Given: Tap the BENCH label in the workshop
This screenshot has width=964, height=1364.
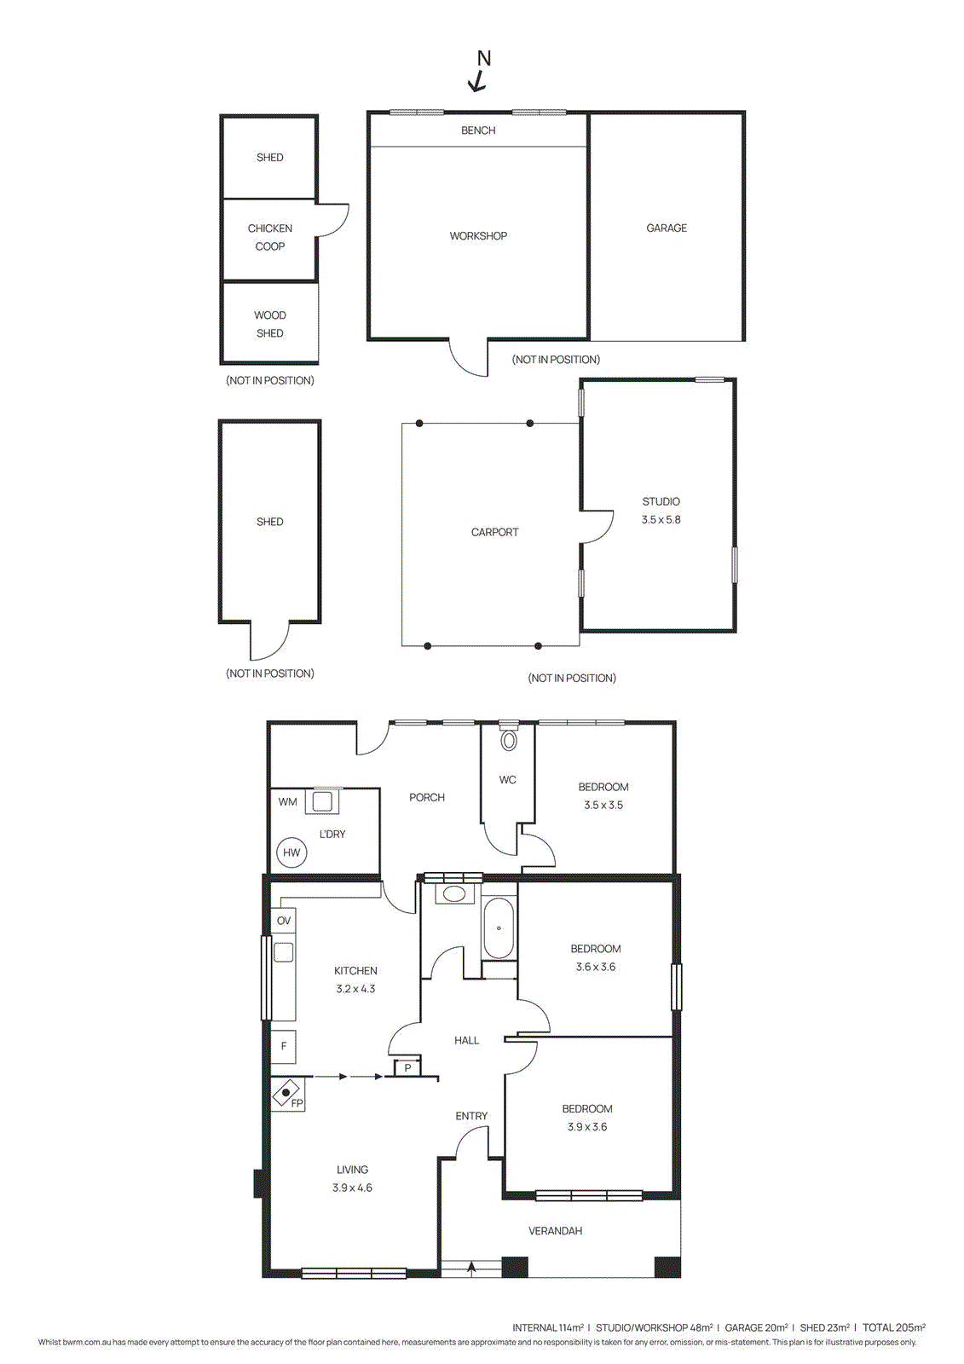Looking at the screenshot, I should (x=478, y=130).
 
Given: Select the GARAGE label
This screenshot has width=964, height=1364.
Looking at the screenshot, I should (x=667, y=228).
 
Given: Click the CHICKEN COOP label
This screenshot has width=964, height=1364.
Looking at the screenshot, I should (x=270, y=237).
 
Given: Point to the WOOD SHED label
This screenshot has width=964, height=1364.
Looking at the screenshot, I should (x=270, y=324).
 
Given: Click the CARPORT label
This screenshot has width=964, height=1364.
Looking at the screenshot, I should (x=494, y=532).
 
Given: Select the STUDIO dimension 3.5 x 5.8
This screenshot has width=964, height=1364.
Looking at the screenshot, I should (x=661, y=520).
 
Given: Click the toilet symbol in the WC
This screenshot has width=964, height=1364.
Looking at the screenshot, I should (x=509, y=739).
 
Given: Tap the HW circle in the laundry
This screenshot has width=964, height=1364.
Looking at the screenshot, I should (x=292, y=852).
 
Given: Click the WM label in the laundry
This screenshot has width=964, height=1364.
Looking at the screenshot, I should (x=287, y=802).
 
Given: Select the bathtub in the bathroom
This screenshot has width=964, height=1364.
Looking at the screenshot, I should (x=499, y=928).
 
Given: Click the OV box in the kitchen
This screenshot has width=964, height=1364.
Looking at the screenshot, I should (x=284, y=921).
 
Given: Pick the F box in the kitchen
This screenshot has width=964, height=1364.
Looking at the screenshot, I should (x=284, y=1046).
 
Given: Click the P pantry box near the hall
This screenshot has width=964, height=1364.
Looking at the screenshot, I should (x=407, y=1068).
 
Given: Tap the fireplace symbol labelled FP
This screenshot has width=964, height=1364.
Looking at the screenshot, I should (x=287, y=1093).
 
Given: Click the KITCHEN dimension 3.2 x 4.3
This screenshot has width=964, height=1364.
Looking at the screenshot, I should (x=355, y=989).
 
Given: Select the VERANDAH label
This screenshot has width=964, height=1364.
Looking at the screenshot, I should (x=555, y=1231).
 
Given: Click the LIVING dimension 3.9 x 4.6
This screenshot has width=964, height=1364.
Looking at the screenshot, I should (x=352, y=1188).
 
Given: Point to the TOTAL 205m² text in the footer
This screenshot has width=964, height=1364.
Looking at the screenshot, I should (x=893, y=1327).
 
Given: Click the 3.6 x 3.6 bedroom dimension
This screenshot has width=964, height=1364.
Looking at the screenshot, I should (x=595, y=967).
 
